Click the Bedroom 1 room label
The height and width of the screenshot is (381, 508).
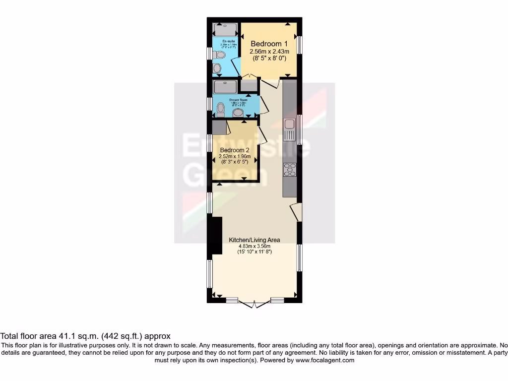(x=268, y=43)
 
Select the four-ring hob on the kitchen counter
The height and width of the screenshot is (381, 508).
(x=289, y=170)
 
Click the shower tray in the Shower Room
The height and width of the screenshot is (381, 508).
(x=226, y=87)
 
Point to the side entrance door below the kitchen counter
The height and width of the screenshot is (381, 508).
(x=296, y=212)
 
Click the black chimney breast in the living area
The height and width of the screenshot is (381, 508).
(x=216, y=236)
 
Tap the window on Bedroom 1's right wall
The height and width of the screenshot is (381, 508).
(x=300, y=44)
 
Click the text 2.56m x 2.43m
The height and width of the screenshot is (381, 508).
(x=268, y=51)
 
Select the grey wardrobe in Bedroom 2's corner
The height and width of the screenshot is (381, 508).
(x=219, y=127)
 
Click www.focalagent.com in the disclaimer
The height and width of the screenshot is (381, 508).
(x=324, y=360)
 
